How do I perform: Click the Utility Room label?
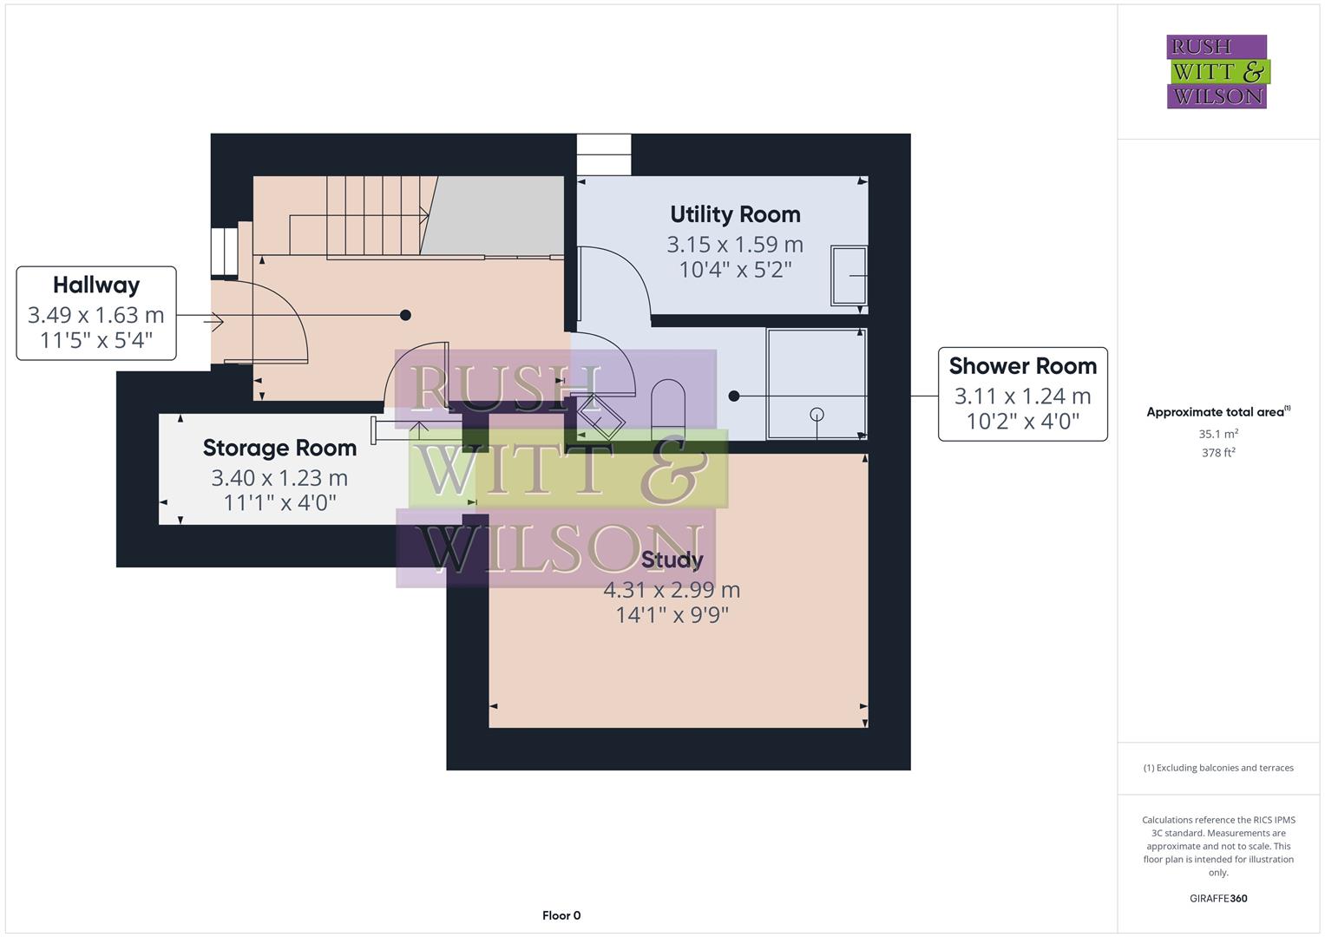pyautogui.click(x=735, y=214)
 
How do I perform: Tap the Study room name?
pyautogui.click(x=672, y=560)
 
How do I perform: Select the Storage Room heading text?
pyautogui.click(x=279, y=448)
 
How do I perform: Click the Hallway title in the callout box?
pyautogui.click(x=96, y=285)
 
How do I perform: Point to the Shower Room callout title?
pyautogui.click(x=1022, y=366)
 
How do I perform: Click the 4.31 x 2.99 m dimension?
pyautogui.click(x=672, y=590)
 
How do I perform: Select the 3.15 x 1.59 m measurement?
pyautogui.click(x=735, y=245)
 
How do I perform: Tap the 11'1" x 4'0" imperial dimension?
pyautogui.click(x=279, y=502)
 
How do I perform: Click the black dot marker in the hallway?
pyautogui.click(x=405, y=315)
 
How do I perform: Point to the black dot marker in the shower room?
pyautogui.click(x=734, y=396)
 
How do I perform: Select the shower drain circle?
pyautogui.click(x=817, y=414)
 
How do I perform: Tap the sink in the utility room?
pyautogui.click(x=849, y=276)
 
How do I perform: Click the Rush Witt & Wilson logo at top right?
pyautogui.click(x=1217, y=72)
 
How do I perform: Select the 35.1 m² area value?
pyautogui.click(x=1217, y=434)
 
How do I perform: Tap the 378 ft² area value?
pyautogui.click(x=1217, y=453)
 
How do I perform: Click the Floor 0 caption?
pyautogui.click(x=561, y=915)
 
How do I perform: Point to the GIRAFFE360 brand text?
pyautogui.click(x=1217, y=898)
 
